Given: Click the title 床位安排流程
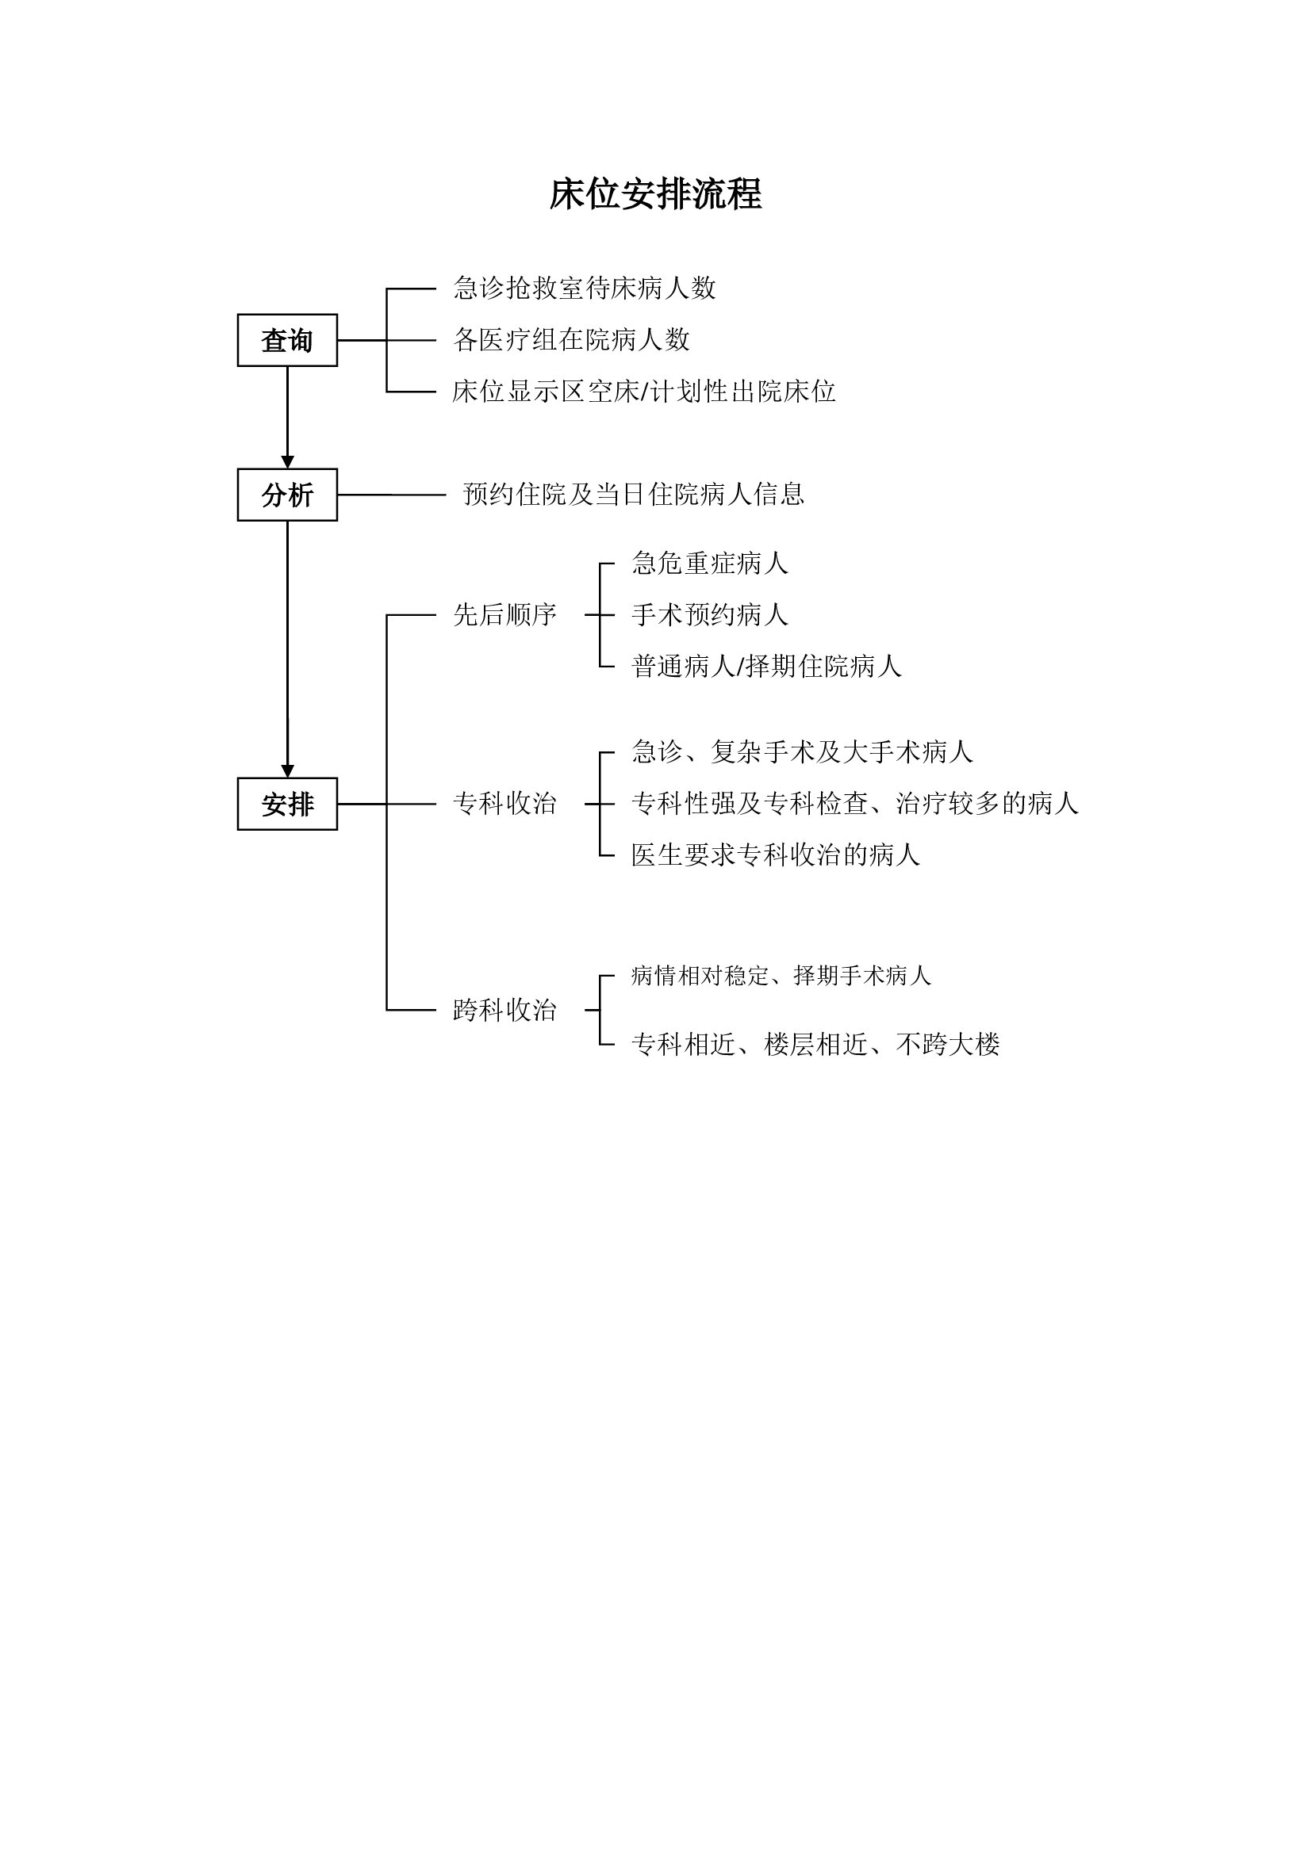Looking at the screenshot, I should [x=655, y=195].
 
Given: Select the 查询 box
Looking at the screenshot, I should [x=287, y=340].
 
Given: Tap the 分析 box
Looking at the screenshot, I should [x=287, y=494].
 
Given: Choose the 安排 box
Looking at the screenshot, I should [x=287, y=804].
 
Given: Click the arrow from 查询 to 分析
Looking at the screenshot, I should [x=288, y=417].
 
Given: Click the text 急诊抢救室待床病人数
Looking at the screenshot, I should [x=584, y=289].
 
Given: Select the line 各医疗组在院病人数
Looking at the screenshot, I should [x=571, y=340].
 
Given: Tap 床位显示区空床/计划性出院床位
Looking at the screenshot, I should [x=643, y=392].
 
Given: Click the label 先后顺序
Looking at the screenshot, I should [x=504, y=615].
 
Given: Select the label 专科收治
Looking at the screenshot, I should [x=504, y=804].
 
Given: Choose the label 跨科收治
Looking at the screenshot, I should [x=504, y=1010].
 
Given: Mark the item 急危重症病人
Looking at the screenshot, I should [x=709, y=564].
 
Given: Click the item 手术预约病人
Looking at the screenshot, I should [x=709, y=615].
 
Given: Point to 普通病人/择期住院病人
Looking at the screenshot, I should [x=766, y=667].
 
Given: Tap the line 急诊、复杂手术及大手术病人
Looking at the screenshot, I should [x=802, y=752].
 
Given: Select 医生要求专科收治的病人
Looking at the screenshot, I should [x=776, y=855].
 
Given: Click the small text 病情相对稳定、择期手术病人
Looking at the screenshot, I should [x=781, y=977].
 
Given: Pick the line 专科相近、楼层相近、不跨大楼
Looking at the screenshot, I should [x=815, y=1045].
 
